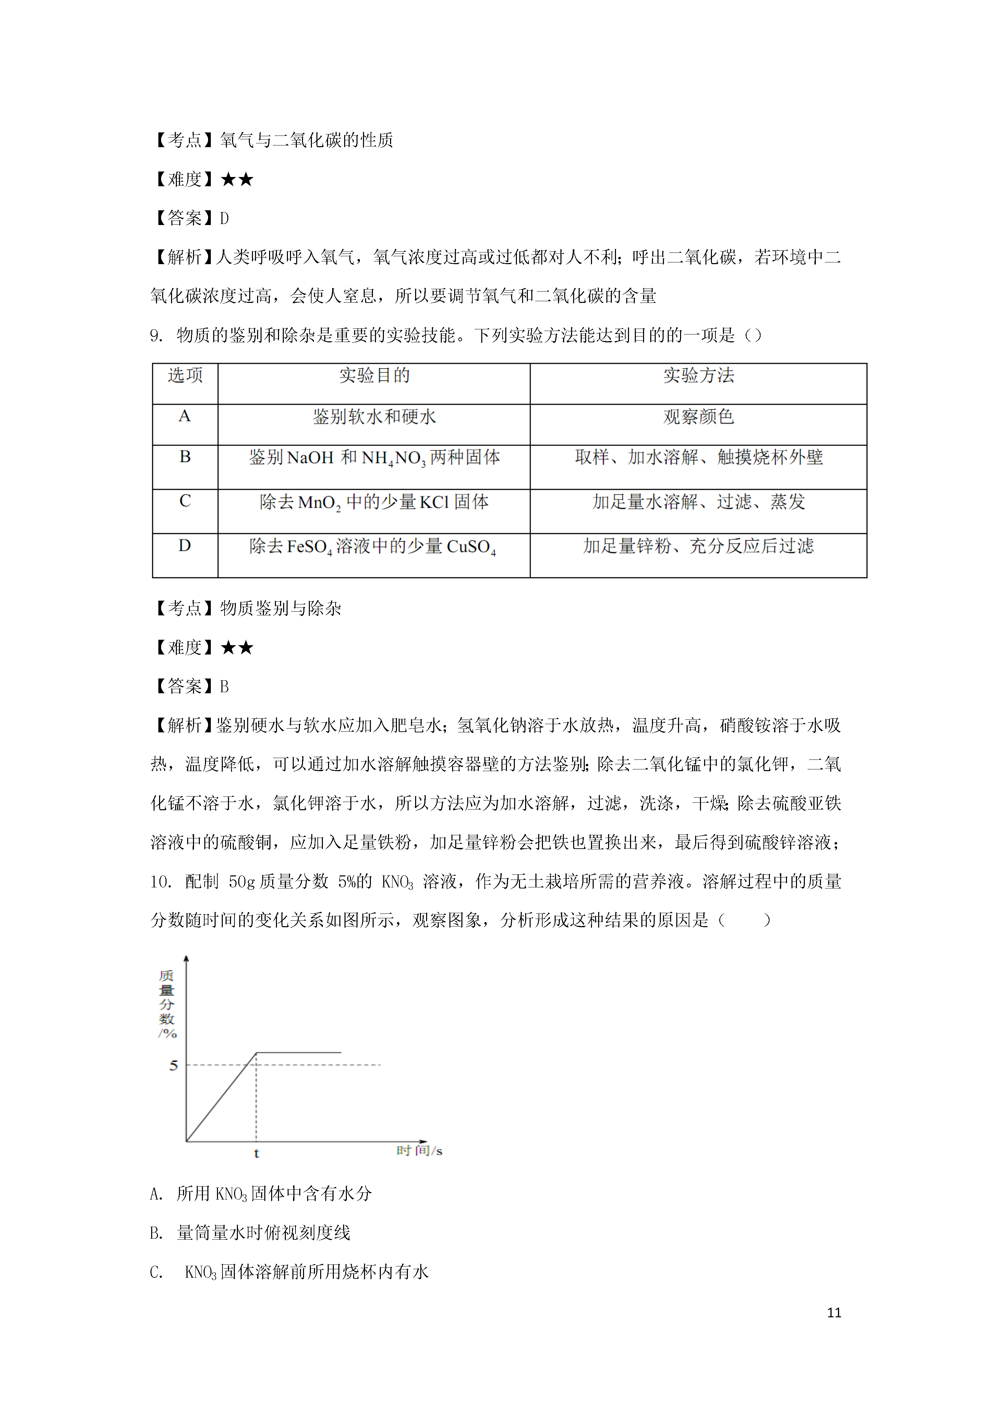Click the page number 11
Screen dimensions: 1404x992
click(x=834, y=1312)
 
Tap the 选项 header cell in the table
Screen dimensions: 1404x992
click(x=185, y=376)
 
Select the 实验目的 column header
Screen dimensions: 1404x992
click(x=374, y=376)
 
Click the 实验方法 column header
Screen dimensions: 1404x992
click(x=698, y=376)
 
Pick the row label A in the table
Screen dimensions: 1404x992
click(x=185, y=416)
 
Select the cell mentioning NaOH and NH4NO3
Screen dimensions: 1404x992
click(x=374, y=458)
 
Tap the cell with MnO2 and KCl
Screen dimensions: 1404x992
click(x=374, y=503)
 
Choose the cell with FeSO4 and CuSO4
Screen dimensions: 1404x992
click(x=373, y=547)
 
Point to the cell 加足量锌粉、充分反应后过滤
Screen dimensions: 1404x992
click(x=698, y=546)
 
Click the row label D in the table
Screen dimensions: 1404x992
click(x=185, y=545)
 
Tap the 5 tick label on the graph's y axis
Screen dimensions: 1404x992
click(x=173, y=1065)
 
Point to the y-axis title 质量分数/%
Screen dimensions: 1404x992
click(x=167, y=1003)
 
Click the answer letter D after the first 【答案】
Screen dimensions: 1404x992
click(x=224, y=218)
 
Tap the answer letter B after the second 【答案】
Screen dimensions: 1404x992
click(x=224, y=687)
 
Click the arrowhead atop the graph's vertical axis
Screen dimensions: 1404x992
click(x=186, y=960)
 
